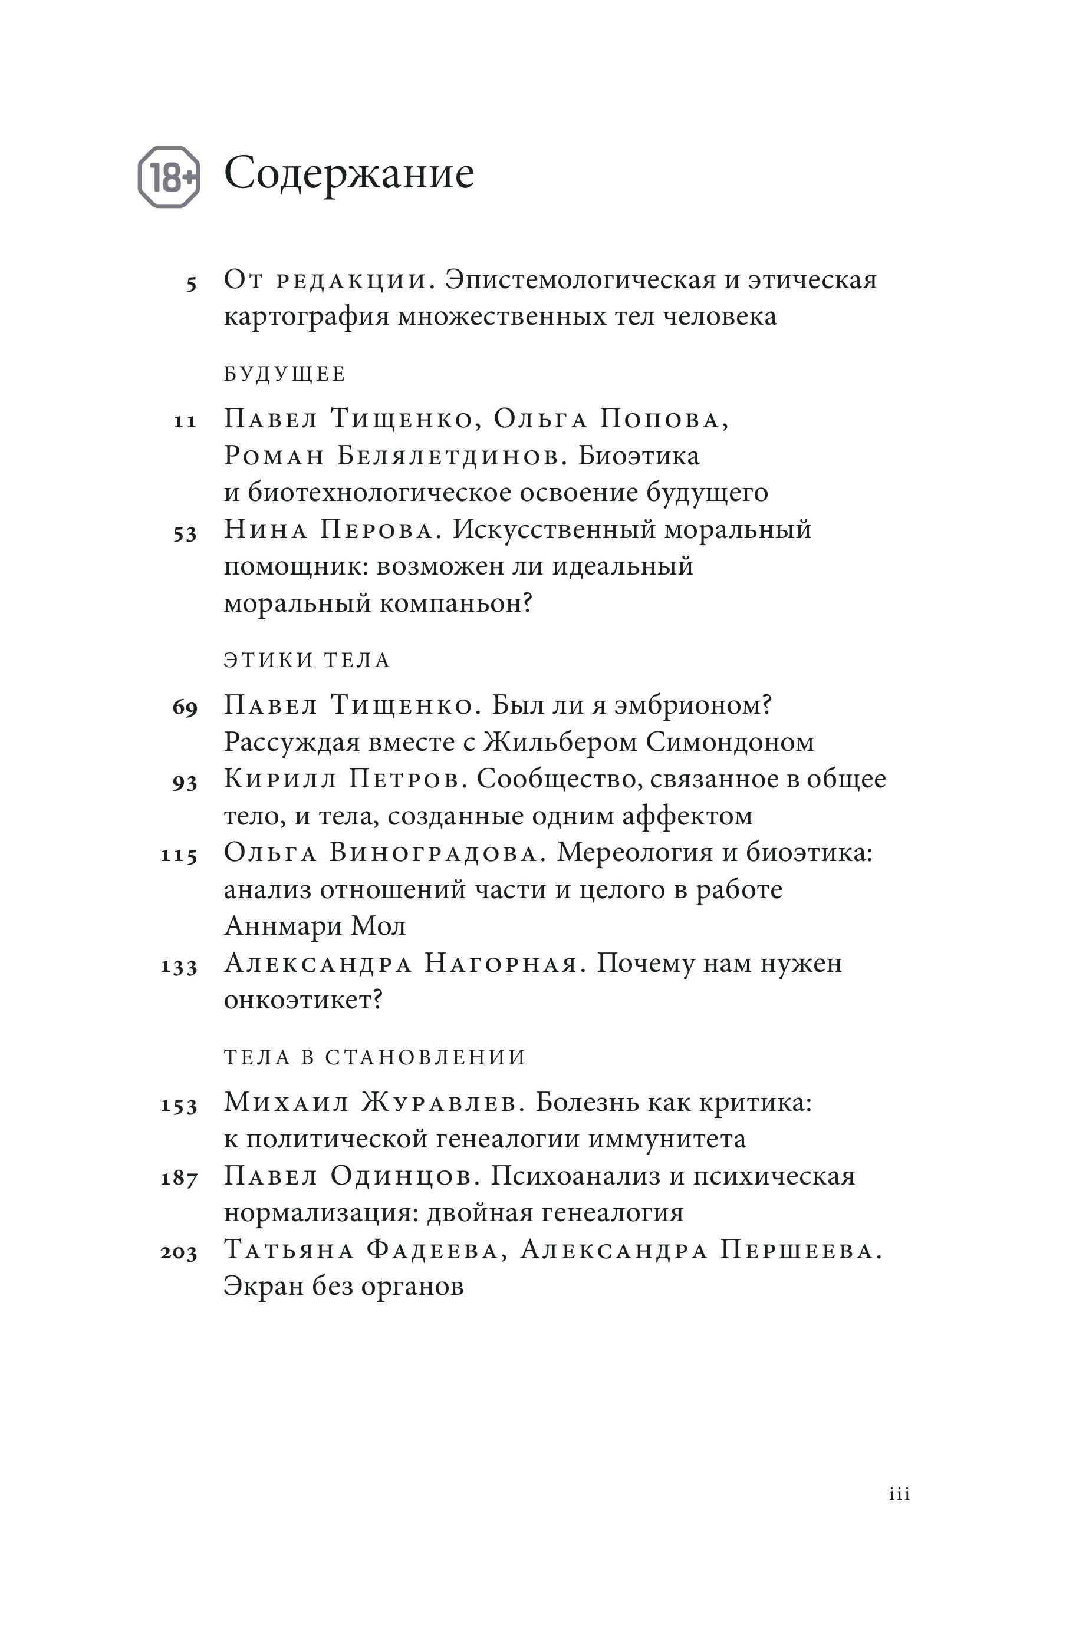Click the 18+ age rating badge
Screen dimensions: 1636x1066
click(169, 177)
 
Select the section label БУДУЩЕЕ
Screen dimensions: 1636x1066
click(285, 375)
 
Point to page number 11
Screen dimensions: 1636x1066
click(185, 421)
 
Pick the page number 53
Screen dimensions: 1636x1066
click(185, 533)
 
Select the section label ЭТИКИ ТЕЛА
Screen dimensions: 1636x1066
click(307, 661)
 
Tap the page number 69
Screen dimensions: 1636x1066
click(185, 707)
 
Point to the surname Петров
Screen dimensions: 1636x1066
click(404, 780)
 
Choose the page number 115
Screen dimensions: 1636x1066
click(179, 855)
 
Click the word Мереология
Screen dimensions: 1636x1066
click(631, 853)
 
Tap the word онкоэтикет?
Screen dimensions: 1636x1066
click(303, 1000)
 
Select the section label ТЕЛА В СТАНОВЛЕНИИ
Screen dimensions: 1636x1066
click(375, 1057)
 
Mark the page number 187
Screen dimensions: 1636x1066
click(179, 1178)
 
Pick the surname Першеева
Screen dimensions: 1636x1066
click(801, 1249)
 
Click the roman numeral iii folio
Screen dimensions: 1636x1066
click(899, 1494)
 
